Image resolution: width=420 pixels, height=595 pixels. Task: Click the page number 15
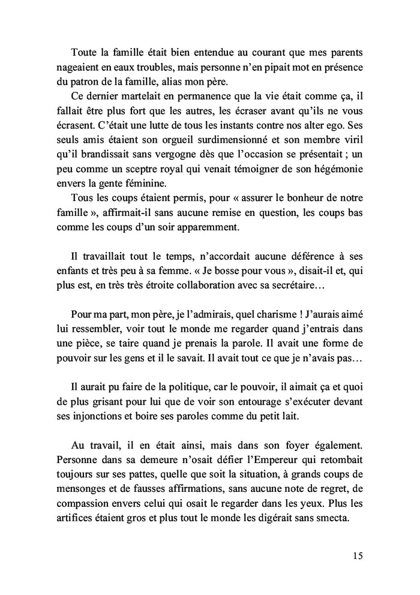pos(358,557)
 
